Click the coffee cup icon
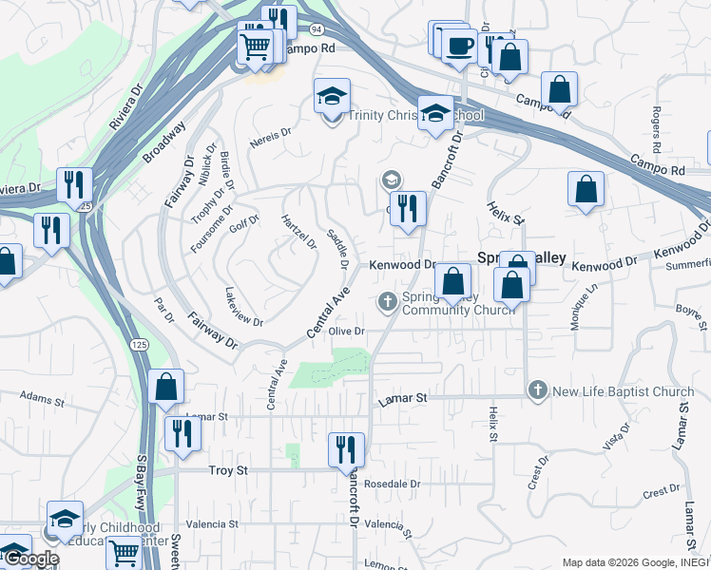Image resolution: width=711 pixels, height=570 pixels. coord(460,46)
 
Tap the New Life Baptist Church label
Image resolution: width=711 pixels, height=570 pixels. coord(624,391)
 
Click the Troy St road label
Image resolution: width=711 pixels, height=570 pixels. coord(227,470)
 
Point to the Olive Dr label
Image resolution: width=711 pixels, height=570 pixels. coord(347,331)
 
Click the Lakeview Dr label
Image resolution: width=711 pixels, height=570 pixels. coord(244,307)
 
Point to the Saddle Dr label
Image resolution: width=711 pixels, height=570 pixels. coord(338,249)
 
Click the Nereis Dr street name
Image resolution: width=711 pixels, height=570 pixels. coord(268,138)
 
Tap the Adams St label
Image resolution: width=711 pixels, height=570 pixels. coord(41,401)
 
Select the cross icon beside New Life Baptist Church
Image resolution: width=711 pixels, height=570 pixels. coord(538,390)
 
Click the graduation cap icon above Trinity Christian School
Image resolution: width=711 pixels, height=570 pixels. coord(332,96)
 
